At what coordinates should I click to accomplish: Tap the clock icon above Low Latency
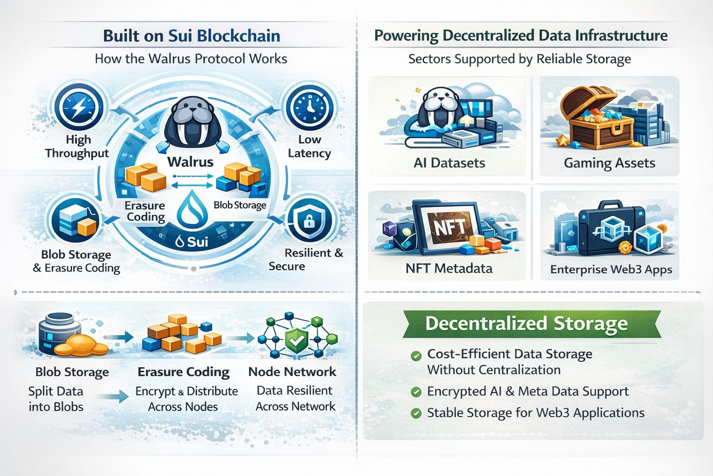tap(310, 107)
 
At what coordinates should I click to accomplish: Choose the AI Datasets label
tap(449, 163)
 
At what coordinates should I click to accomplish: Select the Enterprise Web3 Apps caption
tap(611, 270)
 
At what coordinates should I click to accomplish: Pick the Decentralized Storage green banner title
tap(526, 323)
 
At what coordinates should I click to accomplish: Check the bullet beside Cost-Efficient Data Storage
tap(416, 357)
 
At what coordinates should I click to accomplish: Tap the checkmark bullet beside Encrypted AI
tap(416, 392)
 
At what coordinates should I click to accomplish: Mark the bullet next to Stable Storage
tap(416, 413)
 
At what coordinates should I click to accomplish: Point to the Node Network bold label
tap(292, 372)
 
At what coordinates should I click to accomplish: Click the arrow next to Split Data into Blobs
tap(116, 397)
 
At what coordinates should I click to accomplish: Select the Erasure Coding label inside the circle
tap(145, 211)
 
